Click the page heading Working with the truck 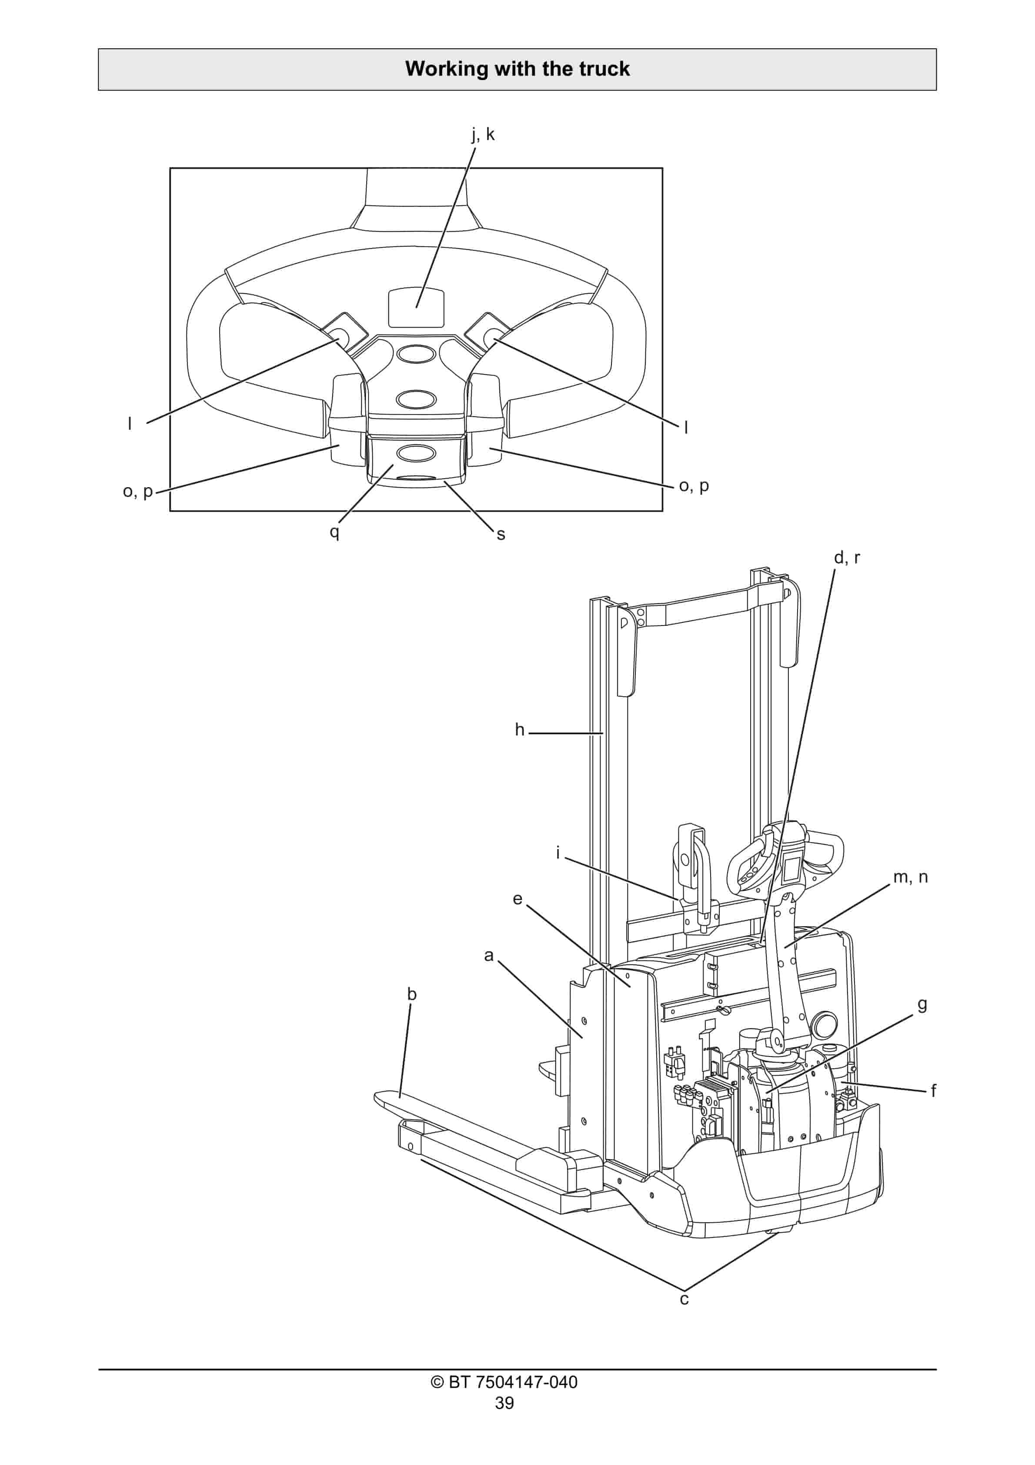tap(517, 69)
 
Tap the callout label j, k tap(483, 135)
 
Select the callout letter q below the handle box tap(334, 532)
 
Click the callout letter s tap(501, 535)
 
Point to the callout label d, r tap(847, 558)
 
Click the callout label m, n tap(910, 877)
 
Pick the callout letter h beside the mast tap(519, 730)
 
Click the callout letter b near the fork tap(411, 994)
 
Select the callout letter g tap(922, 1005)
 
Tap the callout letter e tap(517, 899)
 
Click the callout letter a tap(489, 955)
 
